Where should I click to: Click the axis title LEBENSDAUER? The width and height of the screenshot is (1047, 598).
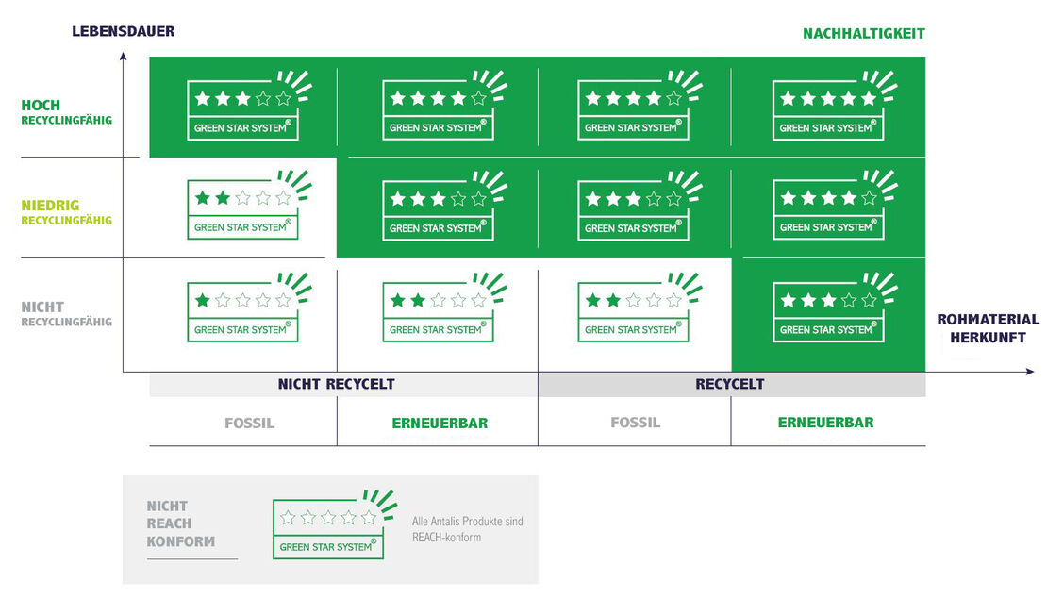click(x=123, y=31)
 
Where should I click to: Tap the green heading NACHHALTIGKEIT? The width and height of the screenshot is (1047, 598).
click(x=863, y=33)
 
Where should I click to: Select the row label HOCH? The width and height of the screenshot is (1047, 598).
click(x=41, y=105)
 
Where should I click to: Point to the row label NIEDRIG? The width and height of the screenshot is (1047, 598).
click(x=50, y=205)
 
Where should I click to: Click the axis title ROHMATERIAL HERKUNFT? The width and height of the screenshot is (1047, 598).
click(x=988, y=328)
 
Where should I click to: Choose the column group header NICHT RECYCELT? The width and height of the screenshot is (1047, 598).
click(x=336, y=384)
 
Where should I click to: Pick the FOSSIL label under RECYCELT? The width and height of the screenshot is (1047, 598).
click(x=635, y=423)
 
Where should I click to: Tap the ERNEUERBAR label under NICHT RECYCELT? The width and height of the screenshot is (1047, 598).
click(x=440, y=423)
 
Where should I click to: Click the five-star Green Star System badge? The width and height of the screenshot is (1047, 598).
click(x=828, y=109)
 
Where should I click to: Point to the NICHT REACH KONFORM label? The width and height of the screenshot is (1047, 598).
click(x=180, y=523)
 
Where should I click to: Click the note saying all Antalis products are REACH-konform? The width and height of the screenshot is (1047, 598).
click(x=467, y=529)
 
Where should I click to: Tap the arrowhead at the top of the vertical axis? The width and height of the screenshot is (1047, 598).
click(x=123, y=57)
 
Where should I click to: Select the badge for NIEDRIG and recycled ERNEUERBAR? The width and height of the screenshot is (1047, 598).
click(x=828, y=209)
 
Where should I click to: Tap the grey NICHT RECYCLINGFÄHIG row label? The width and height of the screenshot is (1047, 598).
click(x=66, y=314)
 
